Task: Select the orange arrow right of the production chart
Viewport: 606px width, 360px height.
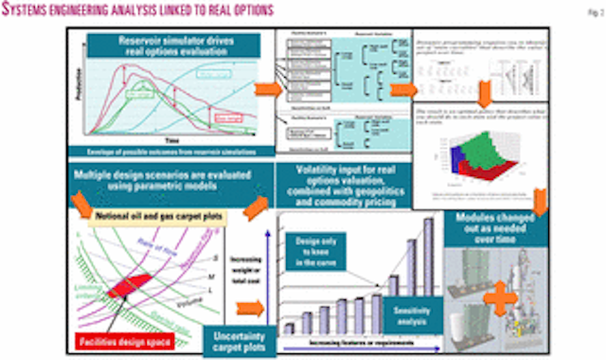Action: point(268,90)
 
